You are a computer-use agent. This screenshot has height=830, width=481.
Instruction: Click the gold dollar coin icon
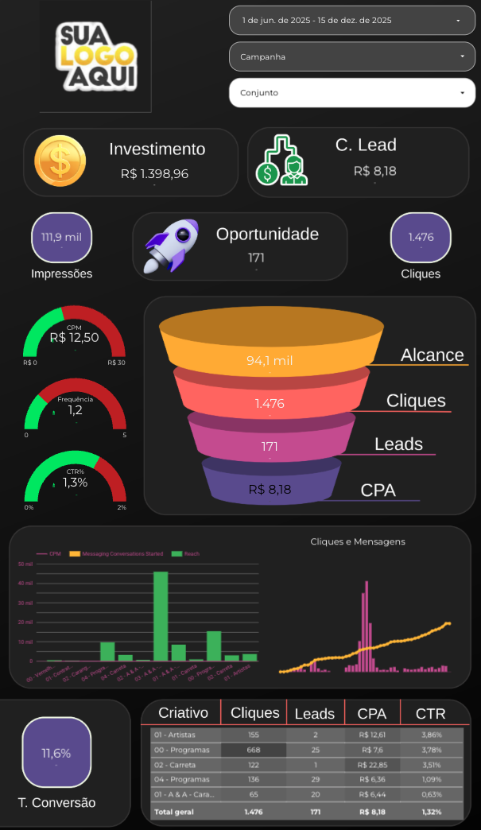(x=60, y=162)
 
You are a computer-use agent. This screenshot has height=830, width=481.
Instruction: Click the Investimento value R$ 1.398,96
(x=155, y=173)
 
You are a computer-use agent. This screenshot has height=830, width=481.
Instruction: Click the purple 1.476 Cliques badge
(x=421, y=237)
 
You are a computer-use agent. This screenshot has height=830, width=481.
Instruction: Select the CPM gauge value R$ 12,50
(x=75, y=337)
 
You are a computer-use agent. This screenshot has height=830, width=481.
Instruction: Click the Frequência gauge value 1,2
(x=75, y=410)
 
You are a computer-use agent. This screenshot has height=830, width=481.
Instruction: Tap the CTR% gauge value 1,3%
(x=75, y=482)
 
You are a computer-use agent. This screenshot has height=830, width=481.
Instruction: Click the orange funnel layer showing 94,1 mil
(x=270, y=360)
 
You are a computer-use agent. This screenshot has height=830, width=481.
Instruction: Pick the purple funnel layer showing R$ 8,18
(x=270, y=489)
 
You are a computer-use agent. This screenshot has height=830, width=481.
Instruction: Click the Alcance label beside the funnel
(x=432, y=355)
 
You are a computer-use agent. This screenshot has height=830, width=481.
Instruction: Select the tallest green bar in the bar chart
(x=161, y=616)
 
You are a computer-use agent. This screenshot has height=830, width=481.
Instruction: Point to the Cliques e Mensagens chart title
(x=357, y=541)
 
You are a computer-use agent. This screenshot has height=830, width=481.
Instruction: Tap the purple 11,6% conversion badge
(x=56, y=752)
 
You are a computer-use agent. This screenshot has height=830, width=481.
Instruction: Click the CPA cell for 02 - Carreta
(x=372, y=764)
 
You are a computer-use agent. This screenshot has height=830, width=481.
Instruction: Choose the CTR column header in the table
(x=430, y=713)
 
